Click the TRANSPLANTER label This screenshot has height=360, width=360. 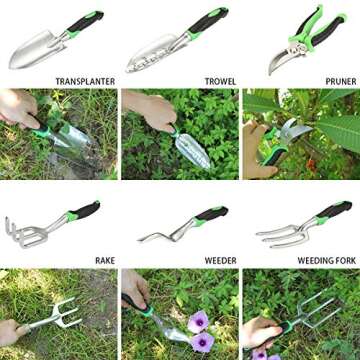85,81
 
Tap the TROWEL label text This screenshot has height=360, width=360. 220,81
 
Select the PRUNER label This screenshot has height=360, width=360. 340,81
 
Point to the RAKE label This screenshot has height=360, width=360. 104,261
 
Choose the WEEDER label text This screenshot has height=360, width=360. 220,261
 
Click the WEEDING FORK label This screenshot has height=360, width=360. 323,261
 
